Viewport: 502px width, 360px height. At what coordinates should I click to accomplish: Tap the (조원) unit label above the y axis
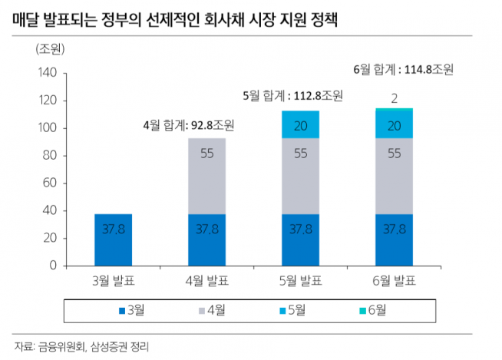point(50,49)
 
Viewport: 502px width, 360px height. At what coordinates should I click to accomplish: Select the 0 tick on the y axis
point(53,266)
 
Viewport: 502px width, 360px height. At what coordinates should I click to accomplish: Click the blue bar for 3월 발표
point(113,239)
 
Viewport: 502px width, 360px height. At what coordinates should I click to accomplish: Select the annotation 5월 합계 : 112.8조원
point(292,96)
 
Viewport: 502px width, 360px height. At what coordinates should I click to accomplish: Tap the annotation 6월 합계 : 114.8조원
point(404,69)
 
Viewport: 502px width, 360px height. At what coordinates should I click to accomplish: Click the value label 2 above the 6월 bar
point(393,98)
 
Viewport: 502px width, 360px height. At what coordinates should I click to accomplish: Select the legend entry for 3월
point(135,310)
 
